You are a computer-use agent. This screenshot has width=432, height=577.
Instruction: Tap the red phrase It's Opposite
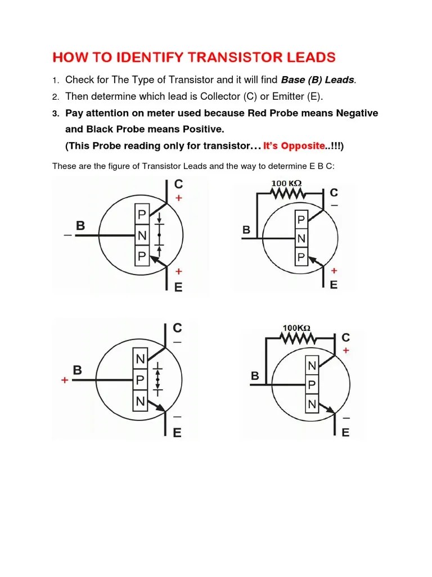[294, 146]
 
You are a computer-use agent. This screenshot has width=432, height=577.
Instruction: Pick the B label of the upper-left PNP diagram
[80, 226]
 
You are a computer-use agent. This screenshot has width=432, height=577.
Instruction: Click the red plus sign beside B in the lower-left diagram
[65, 380]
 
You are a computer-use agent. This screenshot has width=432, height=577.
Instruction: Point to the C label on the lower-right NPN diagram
[345, 338]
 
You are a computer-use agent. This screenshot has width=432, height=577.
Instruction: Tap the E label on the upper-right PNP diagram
[334, 285]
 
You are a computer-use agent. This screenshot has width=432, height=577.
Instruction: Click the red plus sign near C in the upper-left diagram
[179, 198]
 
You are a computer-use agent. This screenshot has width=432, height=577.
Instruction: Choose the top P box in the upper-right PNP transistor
[301, 220]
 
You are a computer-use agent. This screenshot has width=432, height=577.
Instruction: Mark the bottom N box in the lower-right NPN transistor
[312, 404]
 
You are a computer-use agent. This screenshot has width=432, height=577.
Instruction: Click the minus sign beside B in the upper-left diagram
[67, 236]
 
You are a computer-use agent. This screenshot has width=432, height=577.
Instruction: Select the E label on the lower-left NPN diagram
[177, 433]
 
